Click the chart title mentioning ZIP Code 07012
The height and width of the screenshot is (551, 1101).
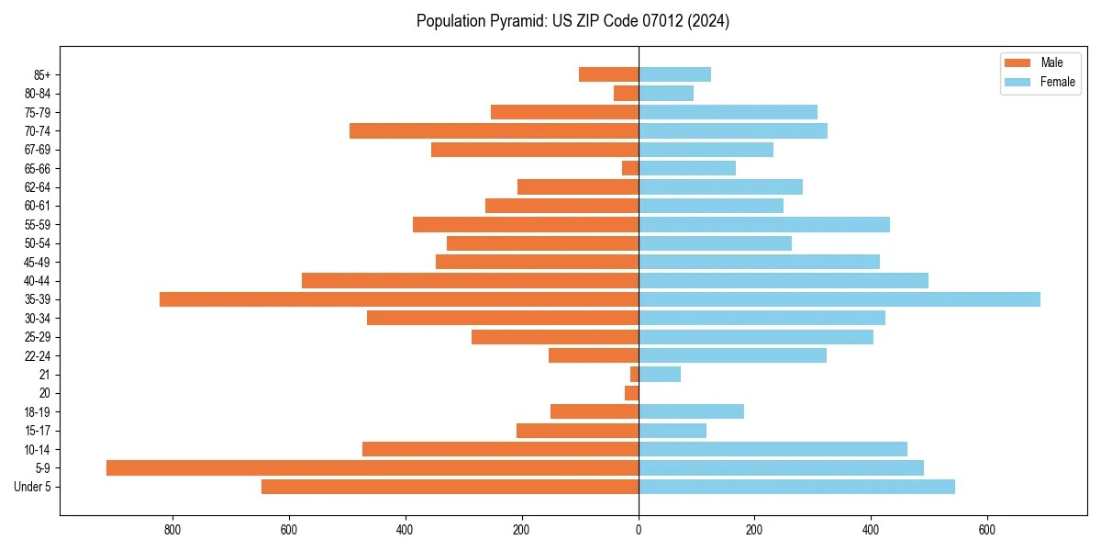[x=573, y=21]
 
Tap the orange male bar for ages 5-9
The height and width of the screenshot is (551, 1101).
[x=373, y=467]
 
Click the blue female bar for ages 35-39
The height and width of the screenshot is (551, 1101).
[x=840, y=299]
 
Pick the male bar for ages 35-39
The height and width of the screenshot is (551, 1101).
[x=399, y=299]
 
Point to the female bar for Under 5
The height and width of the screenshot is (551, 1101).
[x=796, y=487]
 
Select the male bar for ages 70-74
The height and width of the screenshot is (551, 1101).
[x=494, y=130]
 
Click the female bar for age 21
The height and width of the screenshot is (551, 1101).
[x=660, y=374]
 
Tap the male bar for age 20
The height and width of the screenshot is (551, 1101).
[x=632, y=393]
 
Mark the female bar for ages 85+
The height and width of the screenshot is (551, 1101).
[x=674, y=74]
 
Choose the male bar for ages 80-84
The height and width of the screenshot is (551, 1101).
[x=627, y=93]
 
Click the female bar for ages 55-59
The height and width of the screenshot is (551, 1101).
[x=764, y=224]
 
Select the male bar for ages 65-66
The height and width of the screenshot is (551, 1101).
[x=630, y=168]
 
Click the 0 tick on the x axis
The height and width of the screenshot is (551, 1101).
[x=639, y=530]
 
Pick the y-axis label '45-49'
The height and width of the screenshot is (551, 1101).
[x=38, y=262]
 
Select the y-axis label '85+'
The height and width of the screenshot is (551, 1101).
[x=40, y=74]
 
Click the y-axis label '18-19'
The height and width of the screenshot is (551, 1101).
[x=38, y=411]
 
